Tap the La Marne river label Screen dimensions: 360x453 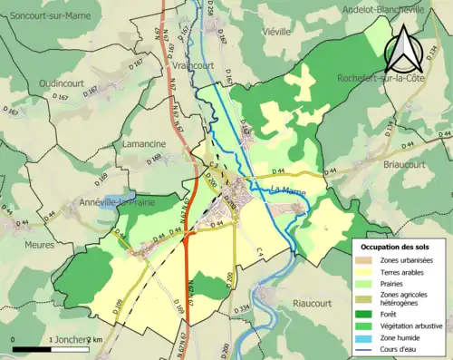point(288,189)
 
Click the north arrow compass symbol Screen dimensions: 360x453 point(403,48)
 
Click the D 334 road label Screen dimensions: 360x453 point(240,311)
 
